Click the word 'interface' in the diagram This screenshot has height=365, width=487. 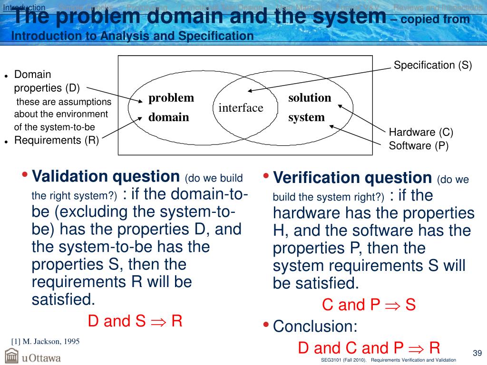(241, 108)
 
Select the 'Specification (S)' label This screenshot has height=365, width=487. (433, 66)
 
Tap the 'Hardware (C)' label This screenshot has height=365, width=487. (421, 132)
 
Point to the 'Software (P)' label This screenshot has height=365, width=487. (419, 145)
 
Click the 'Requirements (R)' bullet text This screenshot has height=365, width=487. (57, 140)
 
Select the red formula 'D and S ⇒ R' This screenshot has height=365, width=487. (135, 321)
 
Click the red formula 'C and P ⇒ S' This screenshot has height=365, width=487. (369, 305)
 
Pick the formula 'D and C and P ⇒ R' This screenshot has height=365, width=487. (369, 348)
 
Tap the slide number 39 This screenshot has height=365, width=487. (477, 353)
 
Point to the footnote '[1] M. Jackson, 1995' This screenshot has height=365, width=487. (45, 341)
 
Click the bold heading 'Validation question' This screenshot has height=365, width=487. (106, 176)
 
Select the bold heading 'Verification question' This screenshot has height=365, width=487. (352, 178)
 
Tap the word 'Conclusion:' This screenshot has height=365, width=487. (315, 327)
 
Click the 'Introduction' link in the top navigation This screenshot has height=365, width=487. (24, 7)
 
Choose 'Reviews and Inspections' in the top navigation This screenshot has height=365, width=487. (438, 7)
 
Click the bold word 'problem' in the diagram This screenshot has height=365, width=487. (171, 98)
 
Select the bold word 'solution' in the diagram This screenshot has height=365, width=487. (310, 98)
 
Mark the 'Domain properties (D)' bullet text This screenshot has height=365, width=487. (47, 81)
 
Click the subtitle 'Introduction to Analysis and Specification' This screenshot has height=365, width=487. (132, 36)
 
